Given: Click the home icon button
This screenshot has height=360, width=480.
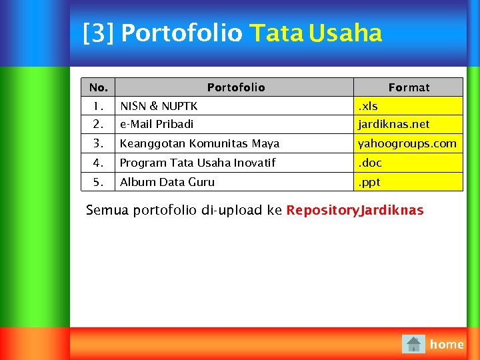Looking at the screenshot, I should [x=413, y=344].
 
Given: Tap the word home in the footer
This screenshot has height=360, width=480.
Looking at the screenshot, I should [x=447, y=344].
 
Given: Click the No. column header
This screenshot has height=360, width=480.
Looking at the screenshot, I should [x=98, y=87].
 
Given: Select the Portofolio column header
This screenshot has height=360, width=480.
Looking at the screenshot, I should [x=235, y=87].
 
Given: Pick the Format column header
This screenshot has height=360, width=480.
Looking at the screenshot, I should [x=409, y=87].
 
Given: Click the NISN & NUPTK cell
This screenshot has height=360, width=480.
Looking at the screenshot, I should [x=159, y=106].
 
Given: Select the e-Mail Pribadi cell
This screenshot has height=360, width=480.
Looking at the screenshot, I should [x=157, y=124].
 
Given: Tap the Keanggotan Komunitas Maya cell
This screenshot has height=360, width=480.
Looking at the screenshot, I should [x=199, y=143].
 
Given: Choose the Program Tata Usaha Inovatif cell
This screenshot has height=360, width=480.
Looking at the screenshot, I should [x=197, y=163].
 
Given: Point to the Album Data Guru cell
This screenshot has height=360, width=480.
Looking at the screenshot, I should [x=167, y=182].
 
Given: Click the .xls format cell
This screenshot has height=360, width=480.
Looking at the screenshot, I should [x=368, y=106].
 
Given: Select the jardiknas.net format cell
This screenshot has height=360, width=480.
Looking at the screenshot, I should [x=394, y=124].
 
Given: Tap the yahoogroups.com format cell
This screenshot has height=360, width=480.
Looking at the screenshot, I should [x=407, y=143].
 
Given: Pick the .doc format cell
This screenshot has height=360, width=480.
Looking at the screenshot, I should [x=370, y=163].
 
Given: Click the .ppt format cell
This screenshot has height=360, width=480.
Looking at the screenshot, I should [x=369, y=182].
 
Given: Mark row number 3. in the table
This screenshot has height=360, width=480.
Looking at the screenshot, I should [x=98, y=143].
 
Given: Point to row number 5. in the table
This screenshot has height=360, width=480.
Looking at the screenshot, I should [x=98, y=182].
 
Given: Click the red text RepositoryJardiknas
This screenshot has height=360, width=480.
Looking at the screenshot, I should [x=355, y=211].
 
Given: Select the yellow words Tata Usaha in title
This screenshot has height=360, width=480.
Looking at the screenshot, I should [x=315, y=33].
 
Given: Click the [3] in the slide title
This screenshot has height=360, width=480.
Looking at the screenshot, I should [x=98, y=33].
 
